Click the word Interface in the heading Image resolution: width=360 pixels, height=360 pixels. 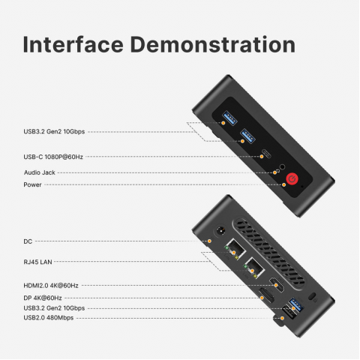click(73, 44)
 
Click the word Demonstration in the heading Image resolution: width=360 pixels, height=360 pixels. click(213, 44)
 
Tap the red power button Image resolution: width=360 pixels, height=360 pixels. click(292, 178)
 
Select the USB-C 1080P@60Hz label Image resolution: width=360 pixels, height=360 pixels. click(53, 157)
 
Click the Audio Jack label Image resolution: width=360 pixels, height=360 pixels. click(39, 172)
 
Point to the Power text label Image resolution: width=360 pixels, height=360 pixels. click(32, 184)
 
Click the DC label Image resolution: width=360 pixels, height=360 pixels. click(28, 241)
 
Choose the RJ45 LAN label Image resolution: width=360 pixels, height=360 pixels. click(37, 262)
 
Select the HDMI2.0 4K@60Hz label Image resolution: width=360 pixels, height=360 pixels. click(51, 286)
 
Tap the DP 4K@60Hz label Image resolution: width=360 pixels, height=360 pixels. click(43, 298)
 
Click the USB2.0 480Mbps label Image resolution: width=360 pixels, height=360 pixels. click(49, 318)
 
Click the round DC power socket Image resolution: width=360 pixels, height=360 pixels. click(220, 231)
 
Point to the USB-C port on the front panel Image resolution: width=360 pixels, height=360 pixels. click(266, 154)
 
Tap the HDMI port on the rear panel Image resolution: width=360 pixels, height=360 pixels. click(277, 284)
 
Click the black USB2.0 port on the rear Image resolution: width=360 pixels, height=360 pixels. click(288, 313)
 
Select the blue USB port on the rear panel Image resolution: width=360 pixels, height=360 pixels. click(296, 305)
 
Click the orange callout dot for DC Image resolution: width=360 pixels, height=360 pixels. click(210, 241)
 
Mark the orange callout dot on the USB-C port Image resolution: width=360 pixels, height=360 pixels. click(262, 157)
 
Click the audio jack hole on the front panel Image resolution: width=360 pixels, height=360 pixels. click(282, 166)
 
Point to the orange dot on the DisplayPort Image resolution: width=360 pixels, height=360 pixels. click(262, 298)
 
